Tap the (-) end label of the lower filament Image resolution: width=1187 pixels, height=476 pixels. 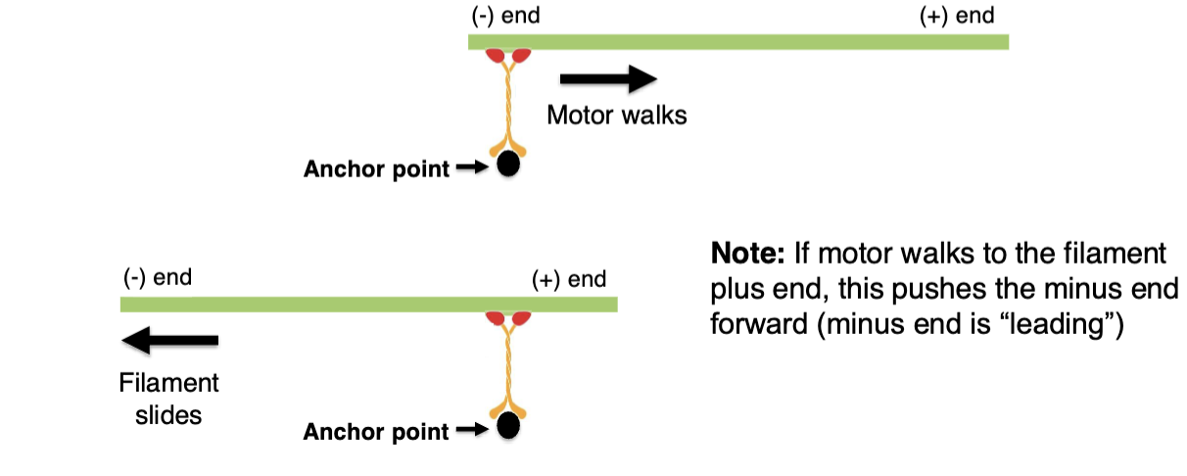click(x=157, y=277)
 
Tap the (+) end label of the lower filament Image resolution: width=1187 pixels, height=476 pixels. click(x=568, y=279)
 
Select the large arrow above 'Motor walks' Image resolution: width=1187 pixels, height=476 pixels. click(x=606, y=78)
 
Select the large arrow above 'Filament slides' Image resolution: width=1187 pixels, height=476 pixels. click(x=169, y=341)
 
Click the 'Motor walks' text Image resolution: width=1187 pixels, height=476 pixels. click(x=616, y=115)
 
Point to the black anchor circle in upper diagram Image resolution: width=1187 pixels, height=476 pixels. click(x=508, y=164)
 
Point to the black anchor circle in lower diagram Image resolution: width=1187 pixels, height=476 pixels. click(x=507, y=426)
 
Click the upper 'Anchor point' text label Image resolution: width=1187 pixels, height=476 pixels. click(x=376, y=169)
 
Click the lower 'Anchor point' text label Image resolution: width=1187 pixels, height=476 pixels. click(x=376, y=431)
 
